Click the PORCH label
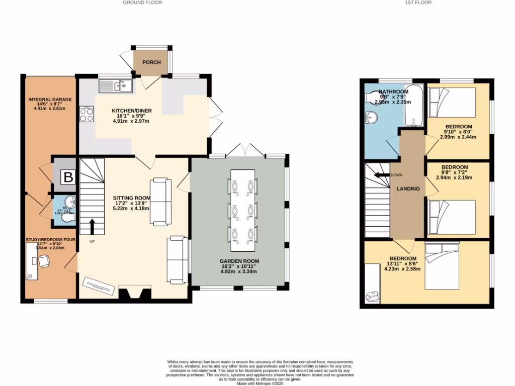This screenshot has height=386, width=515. [151, 62]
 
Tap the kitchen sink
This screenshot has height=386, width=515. [115, 86]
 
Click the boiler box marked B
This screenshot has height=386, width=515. [67, 177]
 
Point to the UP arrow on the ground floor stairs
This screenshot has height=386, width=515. [92, 227]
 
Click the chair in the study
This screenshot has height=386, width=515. [45, 261]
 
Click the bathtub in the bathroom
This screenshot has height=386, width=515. [414, 107]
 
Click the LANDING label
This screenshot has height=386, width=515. [408, 189]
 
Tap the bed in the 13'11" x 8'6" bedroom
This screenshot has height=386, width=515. [442, 265]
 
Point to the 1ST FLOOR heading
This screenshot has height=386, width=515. [418, 3]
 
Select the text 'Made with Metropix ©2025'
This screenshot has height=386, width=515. [260, 383]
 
